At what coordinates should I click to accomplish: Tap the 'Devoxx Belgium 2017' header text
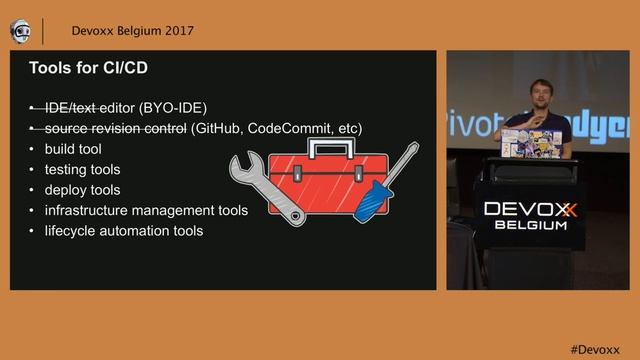(x=125, y=30)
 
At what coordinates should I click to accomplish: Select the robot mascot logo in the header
(x=20, y=31)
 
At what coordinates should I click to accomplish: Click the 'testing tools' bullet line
(x=82, y=170)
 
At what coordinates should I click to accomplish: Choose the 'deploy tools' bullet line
(x=82, y=190)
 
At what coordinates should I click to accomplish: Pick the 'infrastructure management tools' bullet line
(x=146, y=210)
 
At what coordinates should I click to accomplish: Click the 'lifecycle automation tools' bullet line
(x=124, y=231)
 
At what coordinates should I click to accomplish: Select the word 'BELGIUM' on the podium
(x=530, y=225)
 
